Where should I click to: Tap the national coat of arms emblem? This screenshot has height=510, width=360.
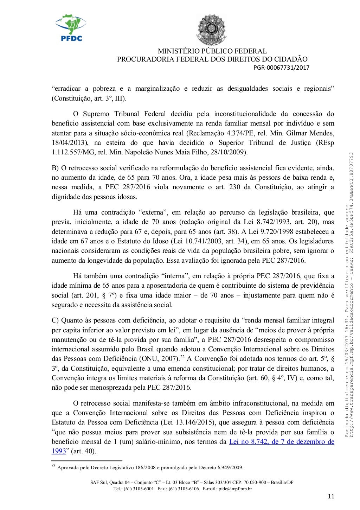coord(211,30)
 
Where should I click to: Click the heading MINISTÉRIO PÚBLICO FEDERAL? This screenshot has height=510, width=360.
coord(212,51)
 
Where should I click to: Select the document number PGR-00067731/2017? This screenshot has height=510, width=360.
coord(281,68)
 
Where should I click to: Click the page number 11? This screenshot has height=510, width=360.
coord(330,497)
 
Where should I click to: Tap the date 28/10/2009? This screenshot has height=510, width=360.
coord(231,152)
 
